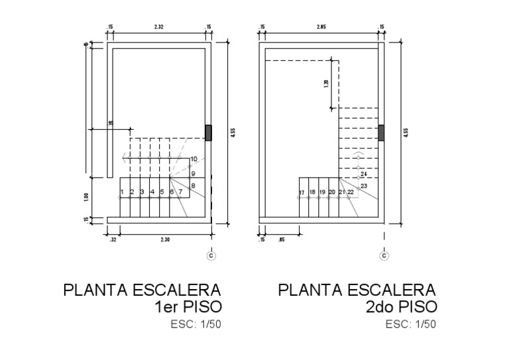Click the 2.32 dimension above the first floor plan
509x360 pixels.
point(158,27)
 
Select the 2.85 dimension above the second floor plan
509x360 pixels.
point(321,27)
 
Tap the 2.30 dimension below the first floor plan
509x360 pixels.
point(164,239)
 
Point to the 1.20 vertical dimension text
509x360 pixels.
point(326,84)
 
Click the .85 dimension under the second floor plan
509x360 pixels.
point(282,239)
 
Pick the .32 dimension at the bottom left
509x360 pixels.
point(113,239)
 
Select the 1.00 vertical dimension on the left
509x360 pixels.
point(87,196)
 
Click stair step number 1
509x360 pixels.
point(122,192)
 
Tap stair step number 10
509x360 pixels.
point(194,159)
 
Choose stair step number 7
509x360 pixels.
point(180,192)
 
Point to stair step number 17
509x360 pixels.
point(302,192)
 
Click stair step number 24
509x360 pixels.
point(363,174)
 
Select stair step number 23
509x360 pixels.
point(363,186)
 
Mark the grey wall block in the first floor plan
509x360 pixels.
point(209,133)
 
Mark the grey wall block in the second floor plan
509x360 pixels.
point(381,133)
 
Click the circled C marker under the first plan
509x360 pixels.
point(211,255)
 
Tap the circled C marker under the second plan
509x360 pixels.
point(383,255)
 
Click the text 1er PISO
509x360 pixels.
point(188,307)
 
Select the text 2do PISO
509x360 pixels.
point(401,307)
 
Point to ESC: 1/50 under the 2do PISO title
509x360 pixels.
point(411,324)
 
